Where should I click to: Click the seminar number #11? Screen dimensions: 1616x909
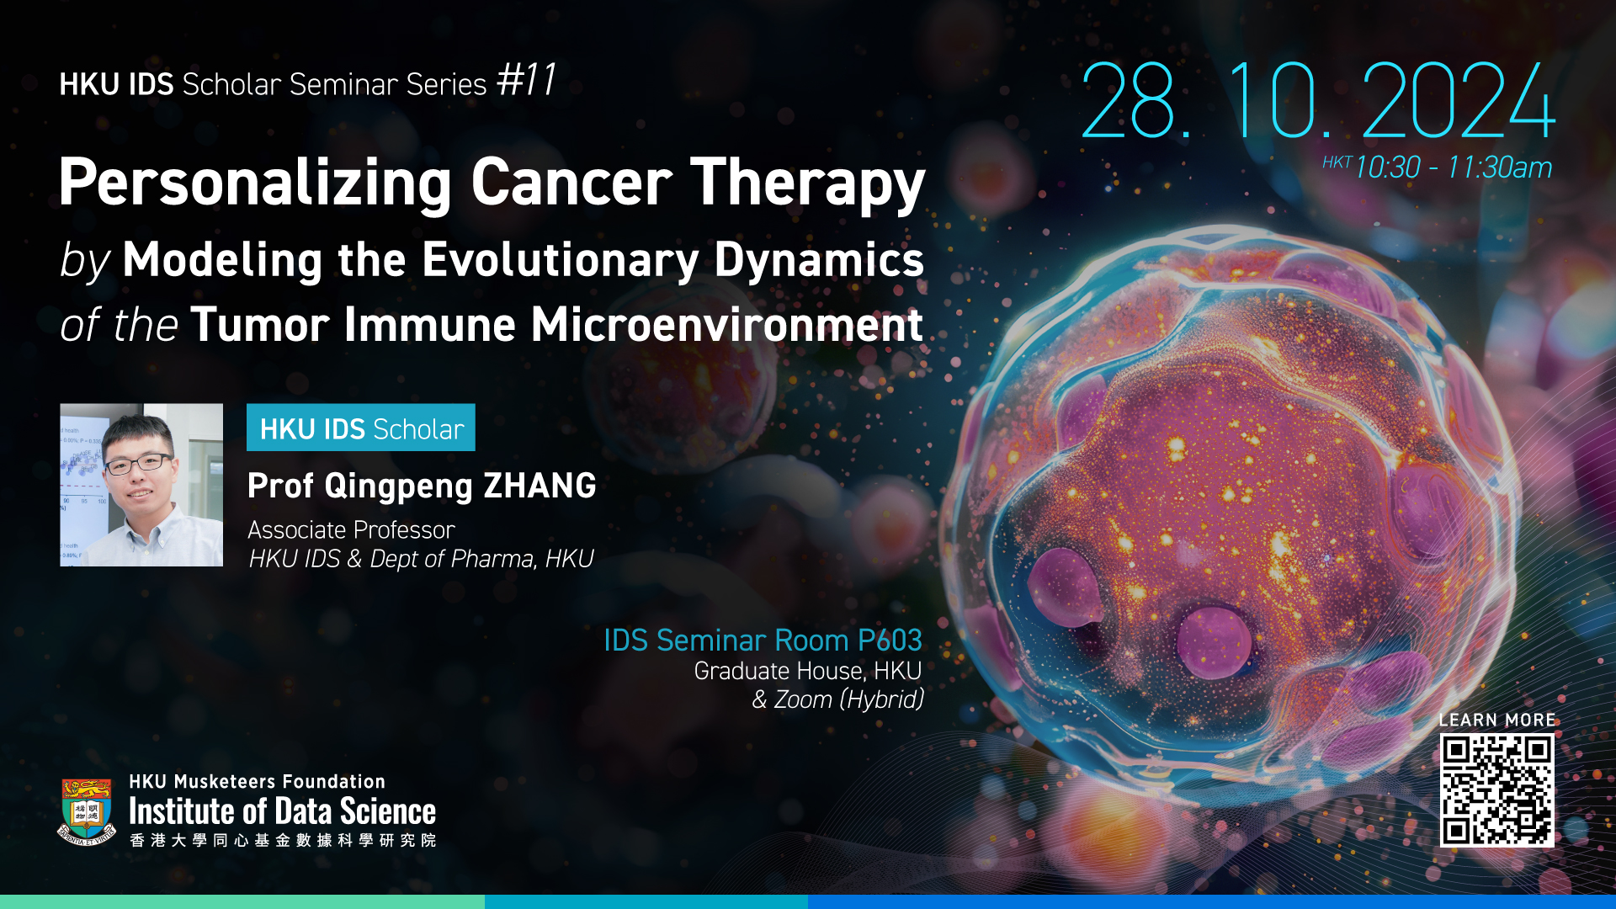[x=526, y=82]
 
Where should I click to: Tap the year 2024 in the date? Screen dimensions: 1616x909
[x=1458, y=100]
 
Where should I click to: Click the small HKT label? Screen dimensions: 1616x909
[x=1337, y=162]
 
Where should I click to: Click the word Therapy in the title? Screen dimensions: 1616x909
[x=808, y=184]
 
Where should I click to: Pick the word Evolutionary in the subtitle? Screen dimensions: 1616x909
[x=560, y=261]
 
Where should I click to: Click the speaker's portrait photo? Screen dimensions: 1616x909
[x=141, y=485]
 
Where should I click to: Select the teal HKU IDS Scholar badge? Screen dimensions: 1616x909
[x=361, y=428]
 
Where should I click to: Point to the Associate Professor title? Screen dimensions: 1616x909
[x=351, y=530]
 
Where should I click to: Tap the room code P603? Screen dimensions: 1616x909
[x=890, y=641]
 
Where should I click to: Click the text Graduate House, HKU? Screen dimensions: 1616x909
[x=808, y=671]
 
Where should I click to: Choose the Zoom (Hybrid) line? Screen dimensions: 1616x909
[x=837, y=699]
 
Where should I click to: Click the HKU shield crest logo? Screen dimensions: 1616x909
[x=87, y=811]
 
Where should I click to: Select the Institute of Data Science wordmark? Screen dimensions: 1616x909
[x=282, y=811]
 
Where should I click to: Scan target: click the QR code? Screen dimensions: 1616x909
[x=1496, y=790]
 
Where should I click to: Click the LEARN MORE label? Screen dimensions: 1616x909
[x=1496, y=720]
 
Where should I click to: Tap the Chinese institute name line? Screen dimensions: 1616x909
[x=283, y=840]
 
